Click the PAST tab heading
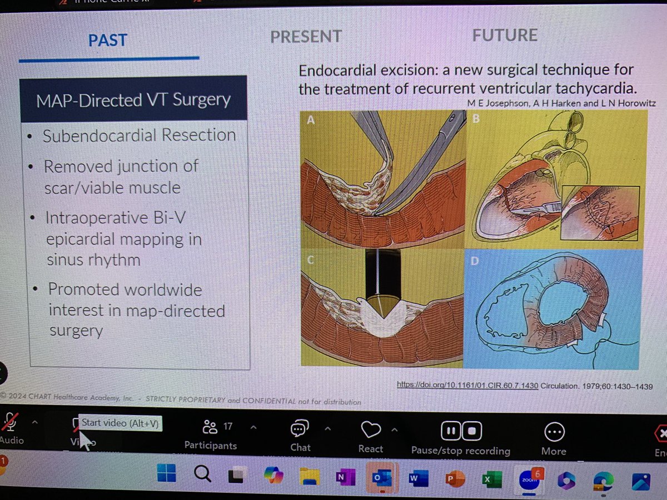108,40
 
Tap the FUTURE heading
505,36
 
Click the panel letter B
475,118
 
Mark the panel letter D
474,261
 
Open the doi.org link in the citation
467,386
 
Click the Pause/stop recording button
461,437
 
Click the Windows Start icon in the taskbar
166,475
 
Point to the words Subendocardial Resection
139,136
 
